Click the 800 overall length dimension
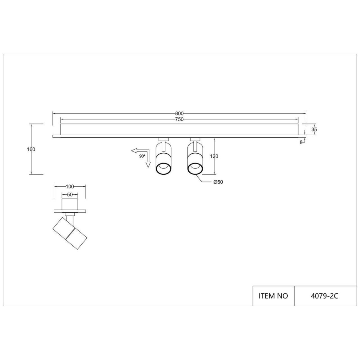tap(179, 113)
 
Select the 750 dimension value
tap(179, 119)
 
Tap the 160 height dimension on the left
tap(31, 149)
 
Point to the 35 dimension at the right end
tap(314, 130)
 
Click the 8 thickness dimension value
tap(301, 142)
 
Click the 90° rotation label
tap(142, 156)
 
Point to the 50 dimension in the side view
tap(70, 194)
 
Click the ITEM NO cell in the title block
tap(273, 296)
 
